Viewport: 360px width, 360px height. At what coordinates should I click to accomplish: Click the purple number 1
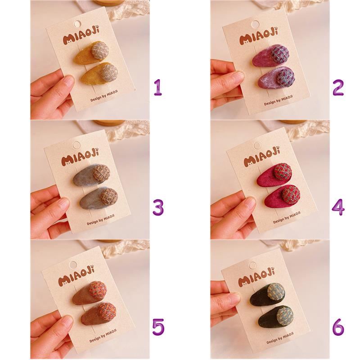(158, 87)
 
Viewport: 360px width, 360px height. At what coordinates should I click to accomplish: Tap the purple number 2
(338, 87)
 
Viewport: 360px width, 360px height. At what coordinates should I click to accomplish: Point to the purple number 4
(338, 207)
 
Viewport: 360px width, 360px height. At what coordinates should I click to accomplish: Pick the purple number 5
(158, 327)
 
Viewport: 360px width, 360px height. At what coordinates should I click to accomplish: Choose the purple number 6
(338, 327)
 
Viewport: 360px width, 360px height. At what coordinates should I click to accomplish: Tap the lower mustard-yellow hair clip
(99, 74)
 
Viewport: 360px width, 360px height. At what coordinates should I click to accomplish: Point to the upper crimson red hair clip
(274, 175)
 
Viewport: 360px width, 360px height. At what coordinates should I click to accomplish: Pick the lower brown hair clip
(99, 313)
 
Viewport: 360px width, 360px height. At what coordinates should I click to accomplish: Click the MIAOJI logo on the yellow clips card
(82, 36)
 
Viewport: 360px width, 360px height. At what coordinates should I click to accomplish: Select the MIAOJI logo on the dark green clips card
(256, 277)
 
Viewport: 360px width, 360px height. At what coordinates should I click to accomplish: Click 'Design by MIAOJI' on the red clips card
(287, 217)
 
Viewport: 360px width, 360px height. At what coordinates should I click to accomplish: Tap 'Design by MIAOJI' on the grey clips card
(100, 220)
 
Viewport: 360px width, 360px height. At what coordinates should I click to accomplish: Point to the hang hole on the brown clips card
(73, 265)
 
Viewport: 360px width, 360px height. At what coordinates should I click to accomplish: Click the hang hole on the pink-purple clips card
(255, 24)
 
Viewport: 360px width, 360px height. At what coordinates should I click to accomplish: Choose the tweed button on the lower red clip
(291, 193)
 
